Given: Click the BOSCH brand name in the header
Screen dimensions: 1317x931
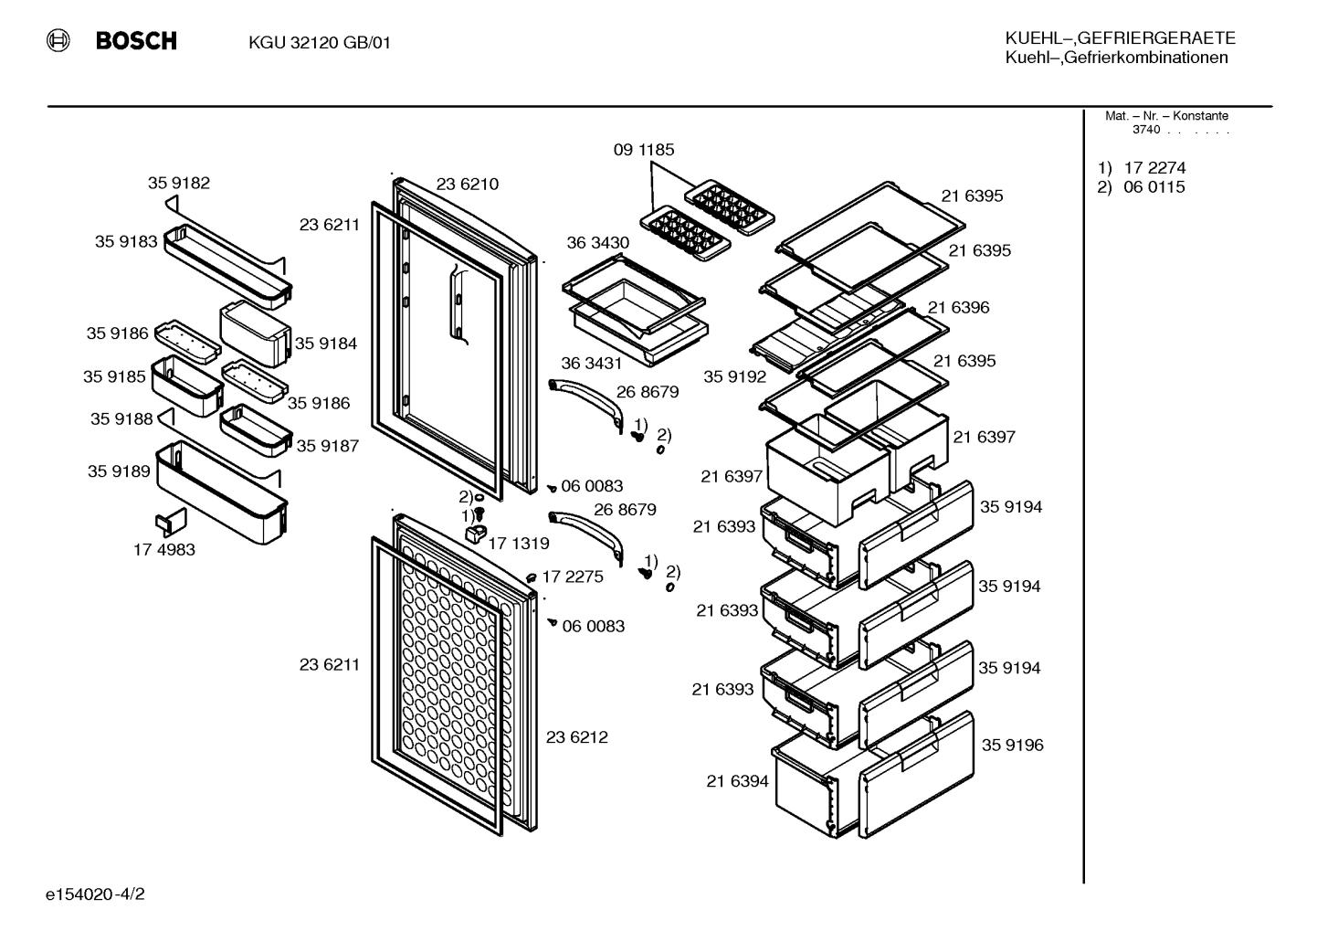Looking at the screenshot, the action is pos(136,41).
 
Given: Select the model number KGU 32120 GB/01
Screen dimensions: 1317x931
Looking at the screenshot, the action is pos(320,43).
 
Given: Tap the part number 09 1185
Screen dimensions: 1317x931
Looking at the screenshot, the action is pos(644,150).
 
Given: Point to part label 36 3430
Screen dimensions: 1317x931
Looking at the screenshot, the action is pos(598,242).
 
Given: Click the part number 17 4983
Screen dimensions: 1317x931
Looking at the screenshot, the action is pos(164,549).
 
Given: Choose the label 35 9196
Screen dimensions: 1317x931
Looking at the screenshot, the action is pos(1013,745).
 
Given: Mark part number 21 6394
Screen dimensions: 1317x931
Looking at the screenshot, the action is pos(737,781).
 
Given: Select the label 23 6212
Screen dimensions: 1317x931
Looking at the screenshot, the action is pos(577,737).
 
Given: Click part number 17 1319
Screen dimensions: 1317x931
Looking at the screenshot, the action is pos(519,543).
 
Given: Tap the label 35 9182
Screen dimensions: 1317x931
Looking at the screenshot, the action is pos(179,183).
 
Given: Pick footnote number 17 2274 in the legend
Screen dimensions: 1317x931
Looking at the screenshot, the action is pos(1154,168).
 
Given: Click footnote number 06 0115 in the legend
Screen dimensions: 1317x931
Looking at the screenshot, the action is pos(1154,187).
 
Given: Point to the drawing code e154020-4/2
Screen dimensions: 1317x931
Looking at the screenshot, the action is pos(95,894).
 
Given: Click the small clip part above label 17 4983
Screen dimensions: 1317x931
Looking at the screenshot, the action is pos(171,522).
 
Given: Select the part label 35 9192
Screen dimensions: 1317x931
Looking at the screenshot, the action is pos(735,376).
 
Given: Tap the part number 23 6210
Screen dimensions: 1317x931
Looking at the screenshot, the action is pos(468,184).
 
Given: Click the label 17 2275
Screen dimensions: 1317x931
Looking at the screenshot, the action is pos(573,577).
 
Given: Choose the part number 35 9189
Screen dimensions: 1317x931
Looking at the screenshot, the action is pos(119,471).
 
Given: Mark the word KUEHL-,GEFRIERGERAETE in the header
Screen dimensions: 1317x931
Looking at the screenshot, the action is pos(1120,38).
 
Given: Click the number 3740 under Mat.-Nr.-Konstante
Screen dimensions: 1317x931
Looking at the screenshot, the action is pos(1146,130).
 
